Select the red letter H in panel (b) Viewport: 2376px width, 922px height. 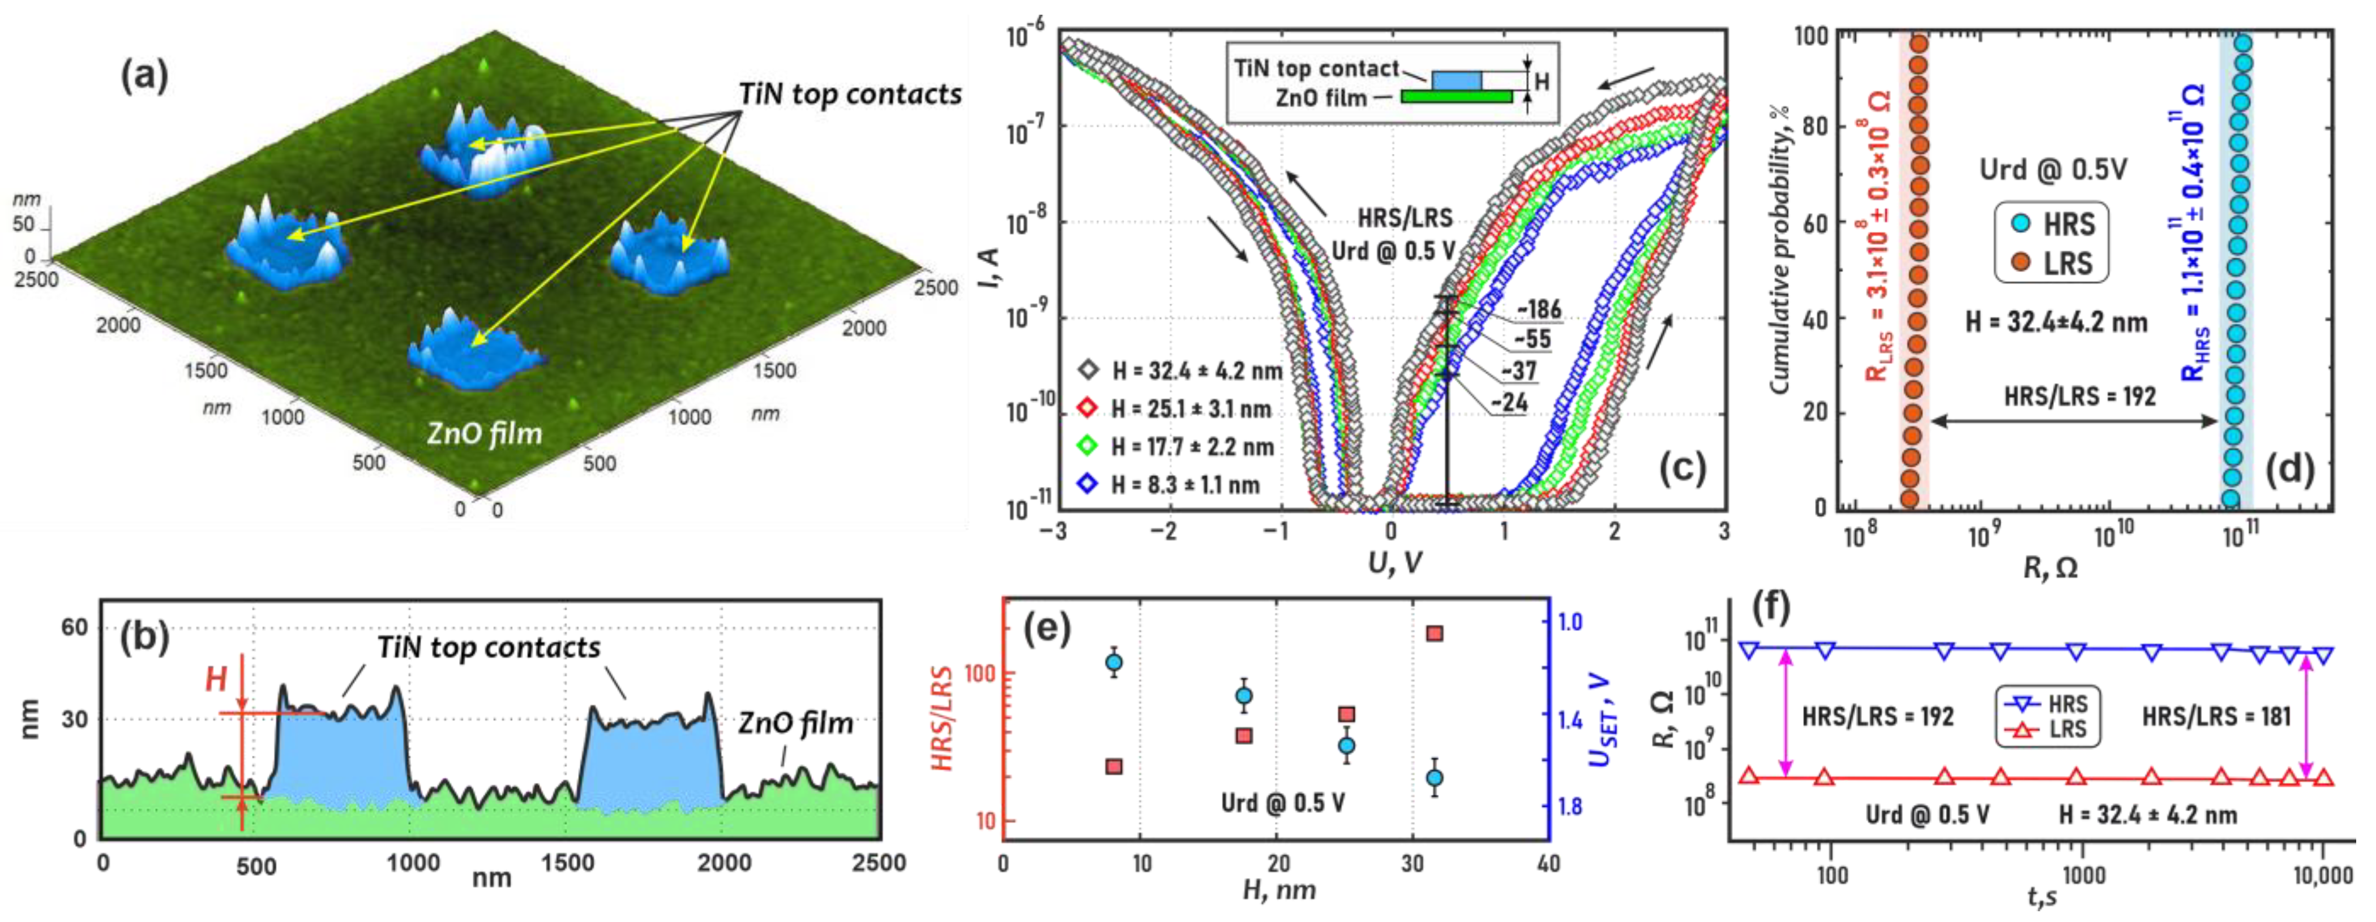(216, 679)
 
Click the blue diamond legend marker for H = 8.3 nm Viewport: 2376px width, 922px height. (1089, 483)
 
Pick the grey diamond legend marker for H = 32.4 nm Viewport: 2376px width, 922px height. (1089, 370)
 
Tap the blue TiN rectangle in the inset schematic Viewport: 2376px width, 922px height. (1457, 80)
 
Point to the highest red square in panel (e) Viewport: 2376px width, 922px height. (1435, 634)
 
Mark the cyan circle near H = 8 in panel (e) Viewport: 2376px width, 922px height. (1114, 662)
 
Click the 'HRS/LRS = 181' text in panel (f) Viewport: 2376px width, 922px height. (2216, 717)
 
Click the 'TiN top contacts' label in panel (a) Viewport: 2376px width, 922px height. (850, 94)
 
